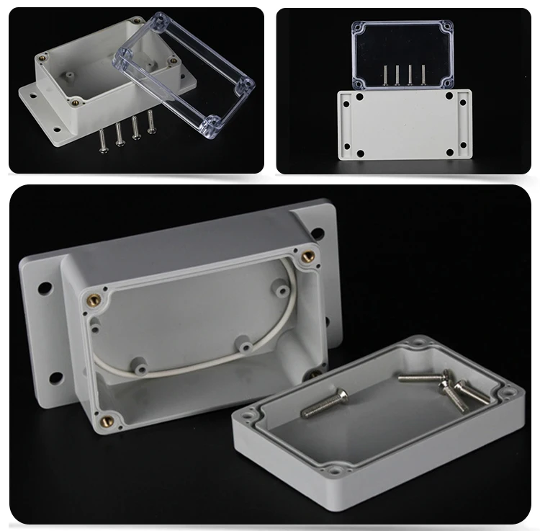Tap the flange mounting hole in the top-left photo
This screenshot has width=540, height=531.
point(32,94)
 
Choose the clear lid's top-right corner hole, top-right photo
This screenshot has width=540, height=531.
point(447,30)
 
